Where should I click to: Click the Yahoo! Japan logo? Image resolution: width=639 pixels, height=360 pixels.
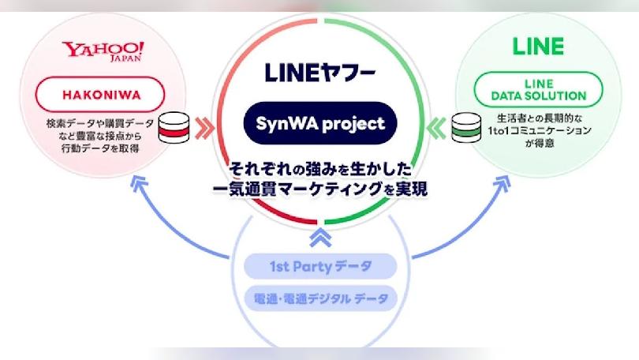(103, 51)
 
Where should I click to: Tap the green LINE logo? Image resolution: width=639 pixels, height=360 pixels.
(538, 46)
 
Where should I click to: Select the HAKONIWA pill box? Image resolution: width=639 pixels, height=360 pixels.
(100, 95)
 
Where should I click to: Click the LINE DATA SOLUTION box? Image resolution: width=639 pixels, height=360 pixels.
(538, 90)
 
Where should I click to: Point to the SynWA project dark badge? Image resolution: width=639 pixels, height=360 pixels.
(320, 123)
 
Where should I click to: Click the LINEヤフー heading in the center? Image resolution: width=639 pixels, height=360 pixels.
(320, 73)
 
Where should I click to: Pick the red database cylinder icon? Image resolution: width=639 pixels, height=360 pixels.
(174, 128)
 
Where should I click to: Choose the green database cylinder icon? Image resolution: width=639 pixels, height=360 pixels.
(466, 128)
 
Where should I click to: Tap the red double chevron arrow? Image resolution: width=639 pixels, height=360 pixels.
(204, 129)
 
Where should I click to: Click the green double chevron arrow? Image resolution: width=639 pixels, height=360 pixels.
(435, 128)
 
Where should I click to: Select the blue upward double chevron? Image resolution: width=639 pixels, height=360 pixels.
(320, 238)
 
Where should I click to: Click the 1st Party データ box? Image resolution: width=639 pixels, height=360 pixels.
(320, 266)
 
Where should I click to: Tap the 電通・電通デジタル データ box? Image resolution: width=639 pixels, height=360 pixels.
(320, 299)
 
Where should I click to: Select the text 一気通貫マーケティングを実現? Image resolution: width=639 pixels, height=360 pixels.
(320, 189)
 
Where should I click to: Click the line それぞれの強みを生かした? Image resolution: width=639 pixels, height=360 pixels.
(320, 169)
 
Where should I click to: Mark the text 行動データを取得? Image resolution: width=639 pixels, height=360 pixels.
(100, 148)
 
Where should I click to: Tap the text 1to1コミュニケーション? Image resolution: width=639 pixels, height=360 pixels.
(540, 131)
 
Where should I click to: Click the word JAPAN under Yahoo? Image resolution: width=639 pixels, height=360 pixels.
(125, 58)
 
